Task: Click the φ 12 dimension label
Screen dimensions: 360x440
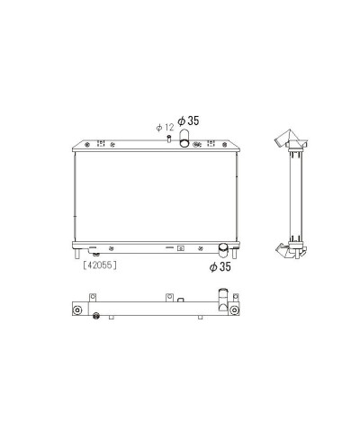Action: pyautogui.click(x=165, y=128)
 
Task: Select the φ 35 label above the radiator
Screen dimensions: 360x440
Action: pyautogui.click(x=188, y=121)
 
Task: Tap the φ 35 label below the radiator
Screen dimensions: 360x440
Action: pyautogui.click(x=220, y=266)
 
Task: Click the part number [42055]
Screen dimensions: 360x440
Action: pyautogui.click(x=100, y=265)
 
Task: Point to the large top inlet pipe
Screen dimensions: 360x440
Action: pyautogui.click(x=184, y=138)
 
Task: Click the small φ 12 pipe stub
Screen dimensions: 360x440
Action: pyautogui.click(x=169, y=139)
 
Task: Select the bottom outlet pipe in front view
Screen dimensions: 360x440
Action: pyautogui.click(x=223, y=250)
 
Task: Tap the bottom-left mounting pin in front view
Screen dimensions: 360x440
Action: pyautogui.click(x=76, y=254)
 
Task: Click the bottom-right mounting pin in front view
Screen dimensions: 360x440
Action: pyautogui.click(x=235, y=254)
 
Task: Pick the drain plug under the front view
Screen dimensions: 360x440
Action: pyautogui.click(x=96, y=255)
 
